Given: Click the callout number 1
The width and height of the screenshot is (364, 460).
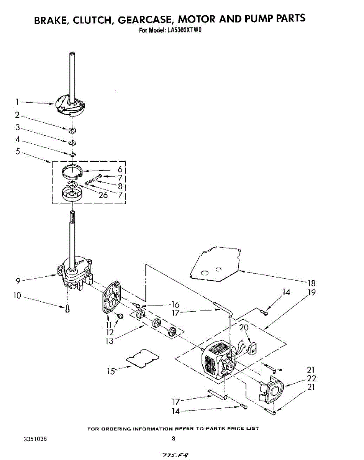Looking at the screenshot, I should (17, 102).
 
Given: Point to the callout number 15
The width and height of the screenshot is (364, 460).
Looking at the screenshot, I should (111, 371).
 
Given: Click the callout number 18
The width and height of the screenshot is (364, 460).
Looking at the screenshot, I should (312, 283).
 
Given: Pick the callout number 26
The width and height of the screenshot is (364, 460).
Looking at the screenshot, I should (103, 195).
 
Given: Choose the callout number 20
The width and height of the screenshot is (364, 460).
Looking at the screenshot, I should (244, 328).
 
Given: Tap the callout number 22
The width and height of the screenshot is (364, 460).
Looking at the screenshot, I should (312, 378).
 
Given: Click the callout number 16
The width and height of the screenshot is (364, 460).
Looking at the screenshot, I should (175, 304).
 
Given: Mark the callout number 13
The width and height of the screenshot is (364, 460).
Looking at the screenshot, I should (110, 340).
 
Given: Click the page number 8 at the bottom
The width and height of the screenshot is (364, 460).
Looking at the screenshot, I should (174, 439).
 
